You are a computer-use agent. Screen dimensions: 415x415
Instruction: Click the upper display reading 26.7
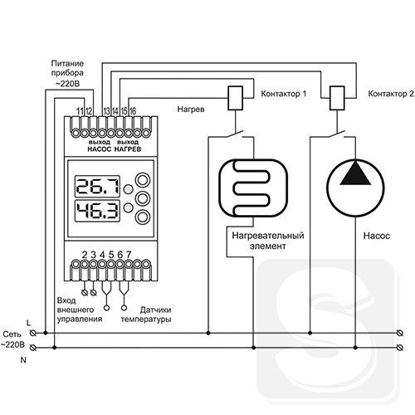tap(98, 186)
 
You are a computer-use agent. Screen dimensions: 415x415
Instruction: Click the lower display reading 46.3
tap(98, 211)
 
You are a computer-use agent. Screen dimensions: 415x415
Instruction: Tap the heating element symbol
tap(253, 188)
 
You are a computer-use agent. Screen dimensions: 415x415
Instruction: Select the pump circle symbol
tap(355, 188)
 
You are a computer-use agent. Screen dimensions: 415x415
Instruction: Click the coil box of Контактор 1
tap(236, 98)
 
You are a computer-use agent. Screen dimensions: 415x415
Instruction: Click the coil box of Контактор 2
tap(337, 98)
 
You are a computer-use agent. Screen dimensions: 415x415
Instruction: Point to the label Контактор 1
tap(284, 94)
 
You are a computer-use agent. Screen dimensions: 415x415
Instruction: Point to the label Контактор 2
tap(391, 94)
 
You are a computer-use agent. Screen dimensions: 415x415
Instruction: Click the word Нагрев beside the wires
tap(191, 110)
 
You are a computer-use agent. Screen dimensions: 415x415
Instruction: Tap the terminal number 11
tap(80, 111)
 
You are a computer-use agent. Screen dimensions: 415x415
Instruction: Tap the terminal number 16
tap(133, 111)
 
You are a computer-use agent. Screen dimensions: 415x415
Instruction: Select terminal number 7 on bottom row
tap(129, 254)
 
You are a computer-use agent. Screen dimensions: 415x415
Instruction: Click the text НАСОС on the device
tap(100, 149)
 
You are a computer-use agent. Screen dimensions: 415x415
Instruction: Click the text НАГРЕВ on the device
tap(128, 149)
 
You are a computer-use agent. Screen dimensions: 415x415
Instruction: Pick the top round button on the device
tap(143, 180)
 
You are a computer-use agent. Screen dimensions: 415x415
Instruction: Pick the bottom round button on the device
tap(143, 217)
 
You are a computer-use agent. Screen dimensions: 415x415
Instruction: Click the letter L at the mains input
tap(28, 323)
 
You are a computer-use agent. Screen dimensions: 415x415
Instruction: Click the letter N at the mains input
tap(23, 360)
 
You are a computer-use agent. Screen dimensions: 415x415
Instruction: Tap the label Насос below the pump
tap(376, 236)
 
